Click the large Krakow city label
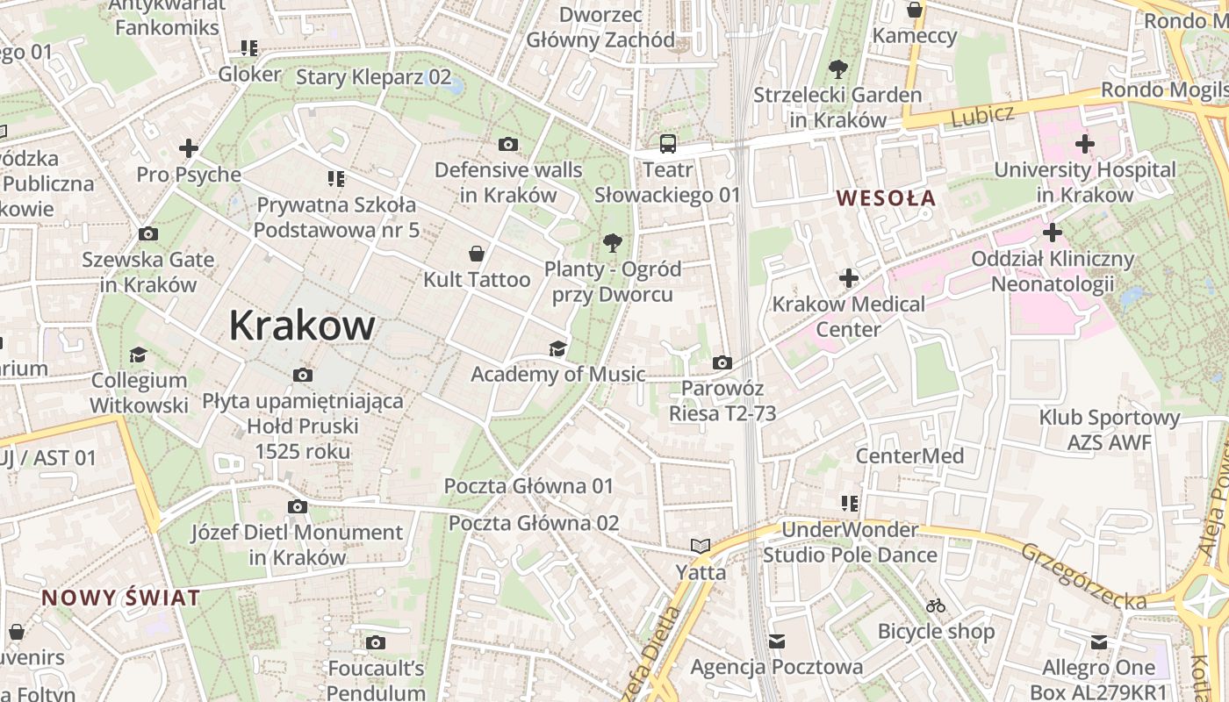click(302, 326)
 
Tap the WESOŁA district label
click(886, 198)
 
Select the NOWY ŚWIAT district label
click(121, 598)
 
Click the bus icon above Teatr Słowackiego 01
click(668, 143)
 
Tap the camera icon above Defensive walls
click(507, 144)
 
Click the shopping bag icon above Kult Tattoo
click(476, 254)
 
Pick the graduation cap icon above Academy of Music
click(557, 349)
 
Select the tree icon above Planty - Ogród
click(612, 242)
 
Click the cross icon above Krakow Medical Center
click(848, 279)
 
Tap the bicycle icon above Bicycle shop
click(936, 605)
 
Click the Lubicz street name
click(982, 114)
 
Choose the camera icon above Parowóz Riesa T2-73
click(722, 362)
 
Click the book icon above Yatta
click(700, 547)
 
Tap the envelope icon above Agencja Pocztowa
click(776, 641)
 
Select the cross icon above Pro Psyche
click(188, 148)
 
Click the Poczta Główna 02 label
click(534, 523)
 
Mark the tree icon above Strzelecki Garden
click(837, 68)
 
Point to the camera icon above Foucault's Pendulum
click(376, 643)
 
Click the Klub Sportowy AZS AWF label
click(1109, 429)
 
